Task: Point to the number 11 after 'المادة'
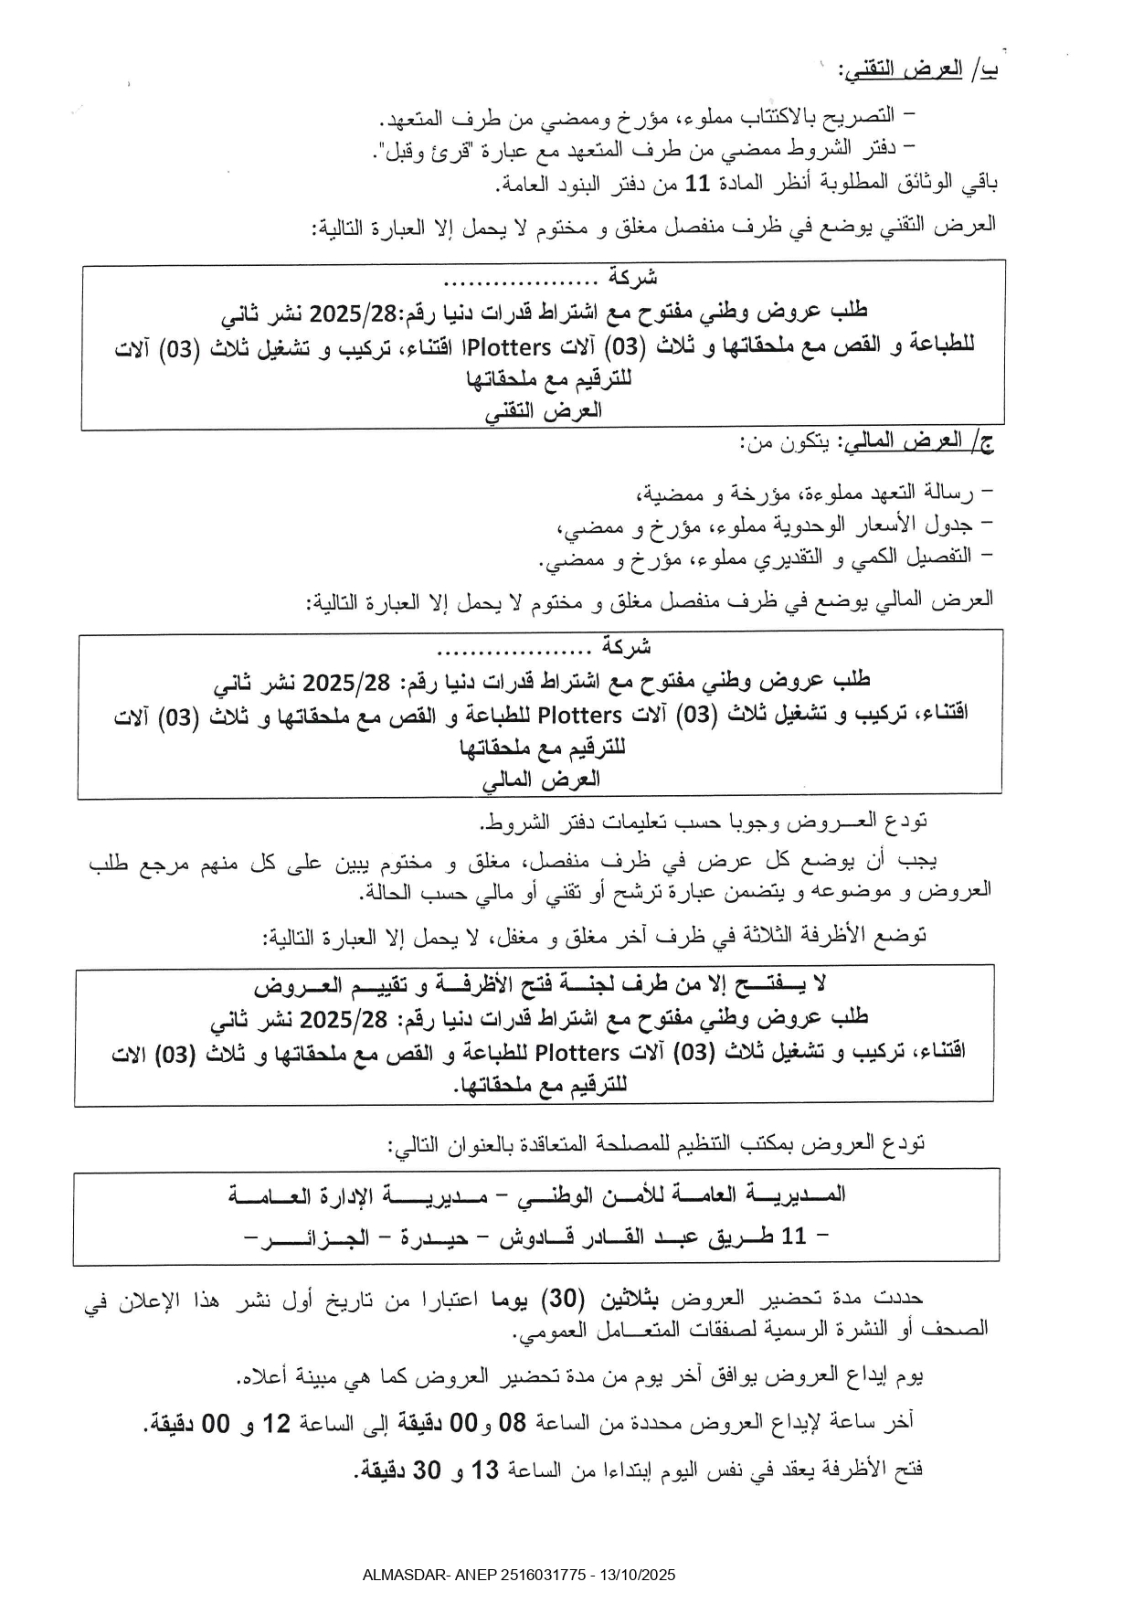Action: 698,184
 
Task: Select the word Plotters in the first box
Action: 517,346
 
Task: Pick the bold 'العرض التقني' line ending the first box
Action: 545,410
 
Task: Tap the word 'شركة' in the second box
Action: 626,646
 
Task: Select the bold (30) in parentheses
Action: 563,1299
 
